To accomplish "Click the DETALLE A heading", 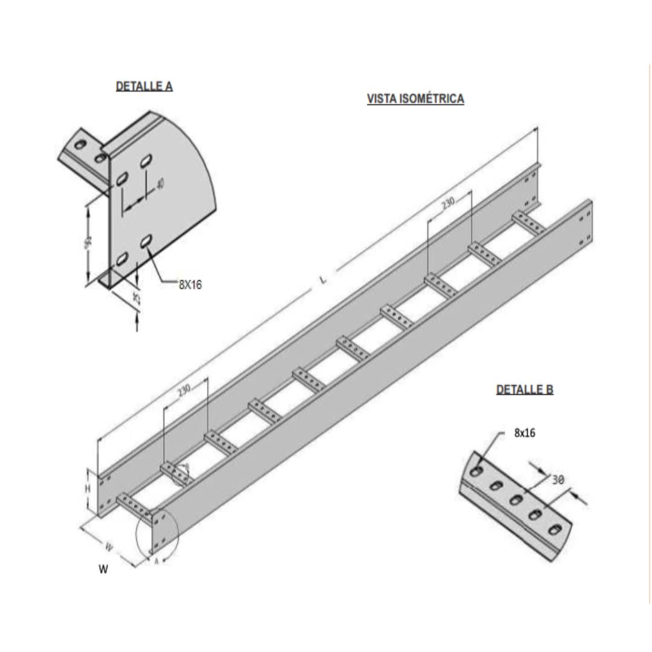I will [x=144, y=86].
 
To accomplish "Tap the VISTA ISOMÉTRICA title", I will [x=415, y=99].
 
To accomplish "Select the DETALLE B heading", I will [x=524, y=389].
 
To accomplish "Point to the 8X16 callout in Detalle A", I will [x=190, y=285].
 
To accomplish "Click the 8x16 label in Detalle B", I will [x=524, y=433].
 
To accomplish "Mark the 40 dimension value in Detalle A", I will [x=160, y=184].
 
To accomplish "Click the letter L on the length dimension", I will [x=324, y=279].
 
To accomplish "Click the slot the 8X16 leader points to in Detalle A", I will [x=145, y=241].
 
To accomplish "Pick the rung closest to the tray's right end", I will [x=528, y=222].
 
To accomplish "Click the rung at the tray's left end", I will [x=136, y=506].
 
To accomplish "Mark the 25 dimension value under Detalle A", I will [x=136, y=298].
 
